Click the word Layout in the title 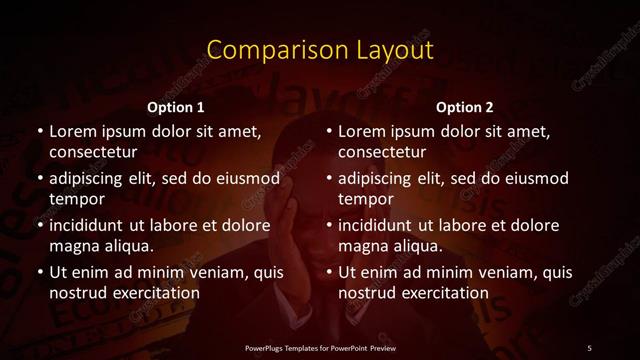coord(394,51)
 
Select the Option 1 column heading coord(176,107)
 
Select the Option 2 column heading coord(465,107)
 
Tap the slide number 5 coord(590,347)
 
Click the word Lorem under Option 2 coord(365,131)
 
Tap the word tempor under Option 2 coord(366,200)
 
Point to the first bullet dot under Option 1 coord(39,132)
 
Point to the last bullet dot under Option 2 coord(329,273)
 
